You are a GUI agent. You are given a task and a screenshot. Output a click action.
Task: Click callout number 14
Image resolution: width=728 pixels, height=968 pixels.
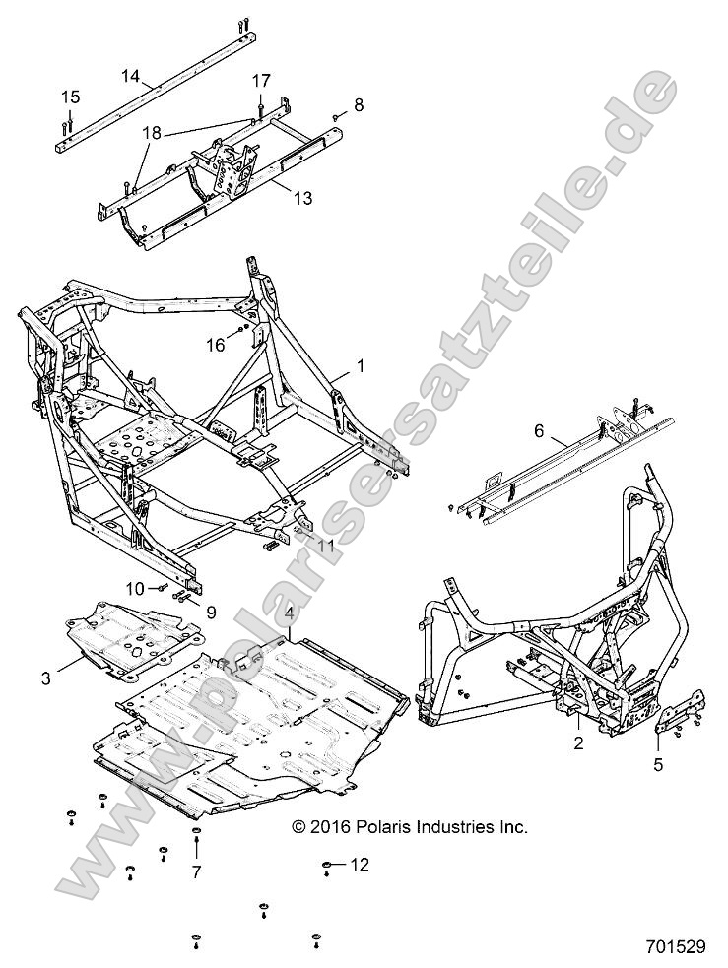131,75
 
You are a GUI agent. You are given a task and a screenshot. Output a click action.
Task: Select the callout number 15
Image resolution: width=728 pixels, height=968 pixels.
70,97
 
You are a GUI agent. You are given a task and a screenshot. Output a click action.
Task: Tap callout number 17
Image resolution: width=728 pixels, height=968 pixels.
260,80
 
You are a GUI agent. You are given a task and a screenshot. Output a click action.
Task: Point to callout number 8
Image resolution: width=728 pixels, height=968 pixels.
359,103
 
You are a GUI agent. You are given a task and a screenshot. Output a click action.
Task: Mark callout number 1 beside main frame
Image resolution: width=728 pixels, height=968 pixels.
361,365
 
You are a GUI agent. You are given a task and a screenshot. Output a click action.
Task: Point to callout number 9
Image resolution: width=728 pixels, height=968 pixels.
209,611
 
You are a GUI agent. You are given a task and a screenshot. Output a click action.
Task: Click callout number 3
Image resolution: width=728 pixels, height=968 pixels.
46,678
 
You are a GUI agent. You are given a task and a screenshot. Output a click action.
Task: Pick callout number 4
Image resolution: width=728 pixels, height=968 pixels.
289,615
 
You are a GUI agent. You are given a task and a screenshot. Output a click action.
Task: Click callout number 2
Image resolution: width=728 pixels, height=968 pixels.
578,743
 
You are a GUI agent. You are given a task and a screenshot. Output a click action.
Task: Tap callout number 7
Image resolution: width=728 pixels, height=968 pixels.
195,871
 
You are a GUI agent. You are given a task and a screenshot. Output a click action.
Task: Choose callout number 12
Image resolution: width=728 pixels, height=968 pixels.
361,865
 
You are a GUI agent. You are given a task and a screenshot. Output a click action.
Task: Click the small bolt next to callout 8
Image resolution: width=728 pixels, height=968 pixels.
335,115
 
